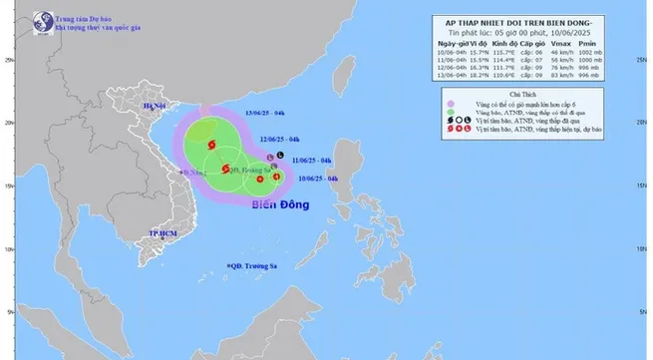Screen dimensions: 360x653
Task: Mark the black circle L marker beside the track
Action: (x=281, y=156)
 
